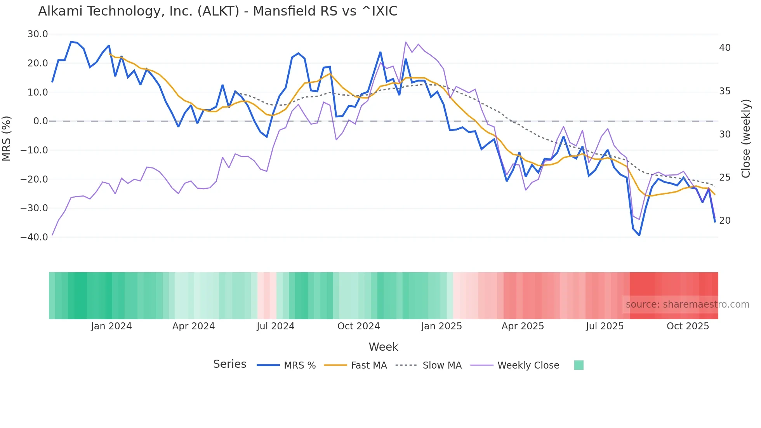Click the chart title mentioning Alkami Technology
point(218,11)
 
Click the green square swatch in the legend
point(579,365)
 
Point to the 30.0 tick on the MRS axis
point(38,34)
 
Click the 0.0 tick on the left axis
point(40,121)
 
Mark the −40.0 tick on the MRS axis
point(34,237)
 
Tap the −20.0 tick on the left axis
point(34,179)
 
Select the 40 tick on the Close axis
point(725,48)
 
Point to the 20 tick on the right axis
point(725,221)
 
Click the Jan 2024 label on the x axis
point(111,326)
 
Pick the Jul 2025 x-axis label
point(605,326)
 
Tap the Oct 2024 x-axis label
point(358,326)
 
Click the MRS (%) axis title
point(7,138)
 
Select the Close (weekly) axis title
point(745,139)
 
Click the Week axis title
point(383,347)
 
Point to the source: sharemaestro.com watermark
point(687,304)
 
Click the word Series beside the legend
point(229,364)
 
